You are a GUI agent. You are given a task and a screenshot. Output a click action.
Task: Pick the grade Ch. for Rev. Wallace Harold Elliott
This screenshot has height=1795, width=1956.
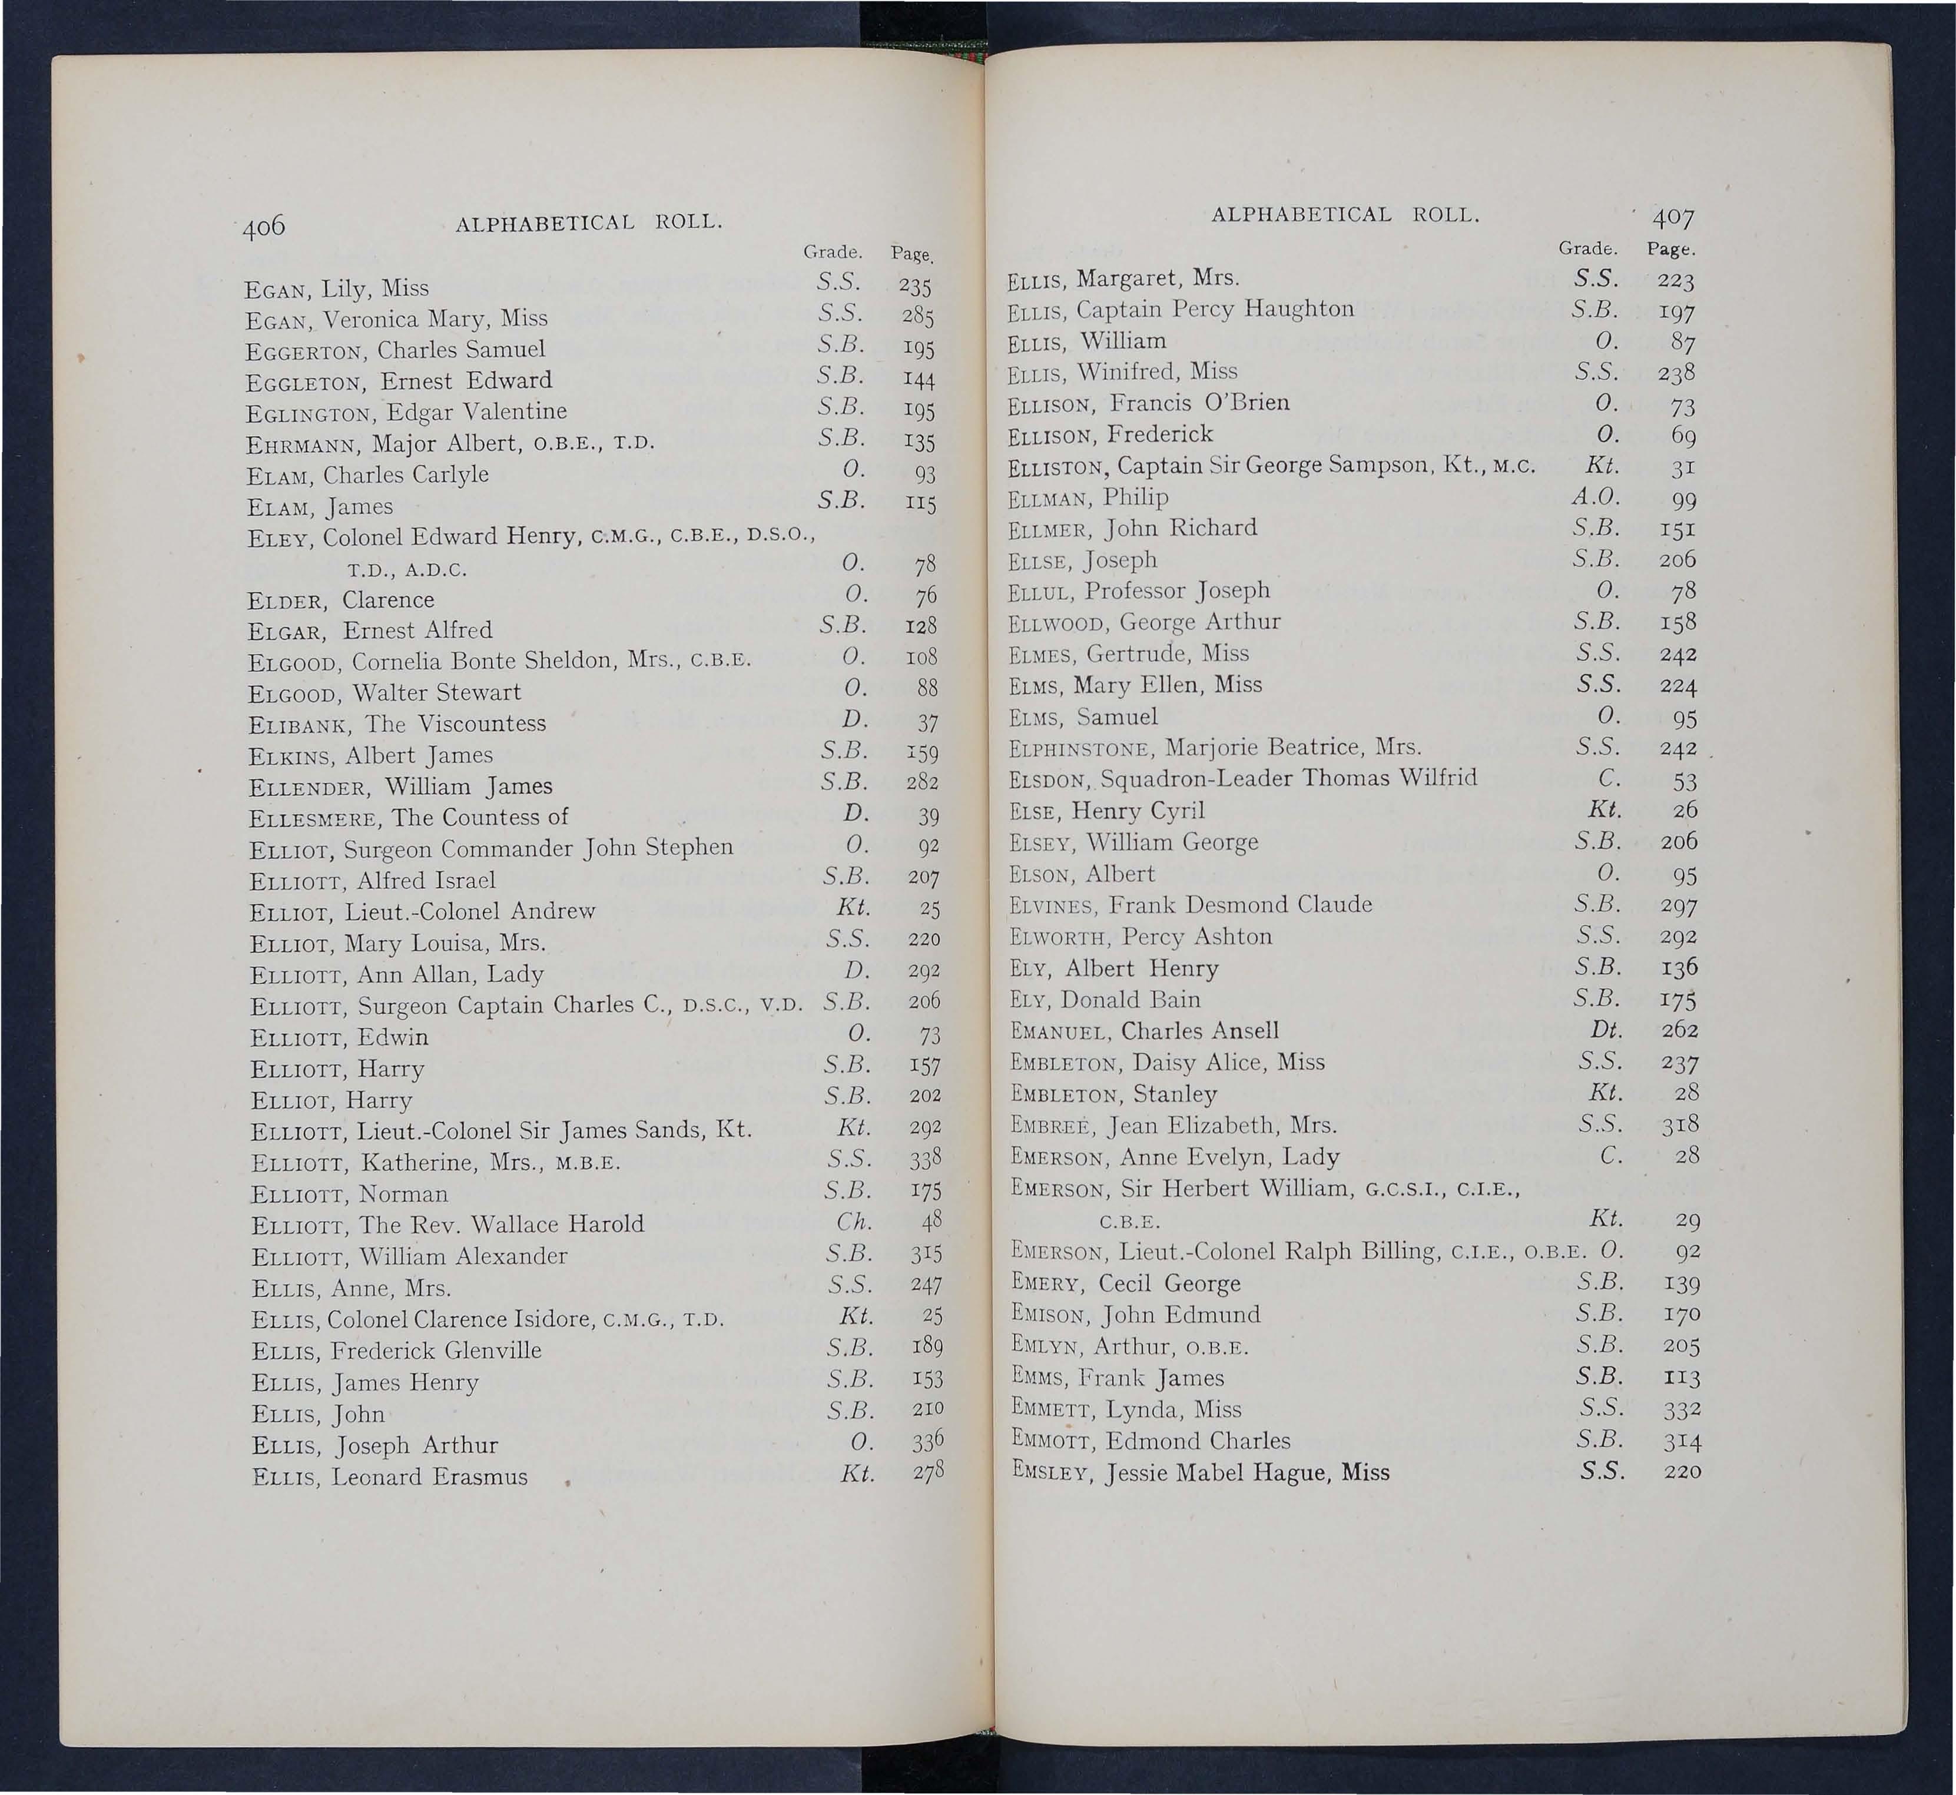click(x=855, y=1221)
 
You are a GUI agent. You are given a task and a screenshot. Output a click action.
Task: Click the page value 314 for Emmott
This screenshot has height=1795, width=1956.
click(x=1680, y=1441)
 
